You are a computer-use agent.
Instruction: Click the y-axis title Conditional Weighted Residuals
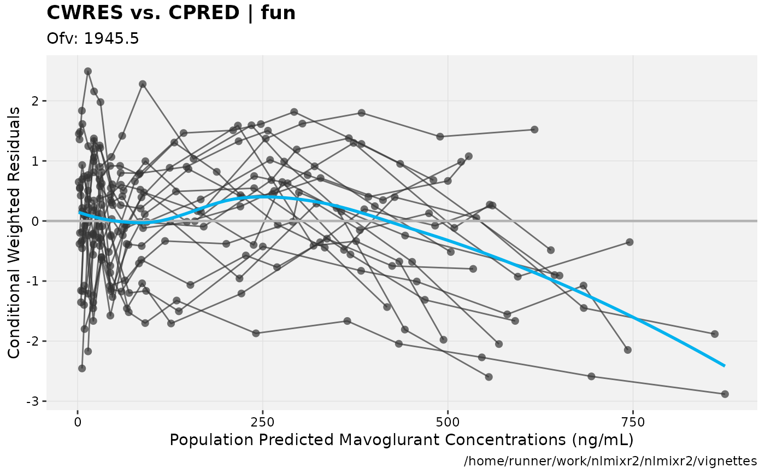(14, 232)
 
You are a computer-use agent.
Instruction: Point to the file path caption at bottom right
(610, 461)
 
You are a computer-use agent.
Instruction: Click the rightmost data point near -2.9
(725, 394)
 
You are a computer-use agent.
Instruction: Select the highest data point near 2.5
(88, 71)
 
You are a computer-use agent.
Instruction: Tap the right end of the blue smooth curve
(725, 365)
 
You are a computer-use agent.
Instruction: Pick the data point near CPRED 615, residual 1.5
(534, 130)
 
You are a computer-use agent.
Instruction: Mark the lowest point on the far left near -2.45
(82, 368)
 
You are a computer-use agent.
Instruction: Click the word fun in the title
(276, 13)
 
